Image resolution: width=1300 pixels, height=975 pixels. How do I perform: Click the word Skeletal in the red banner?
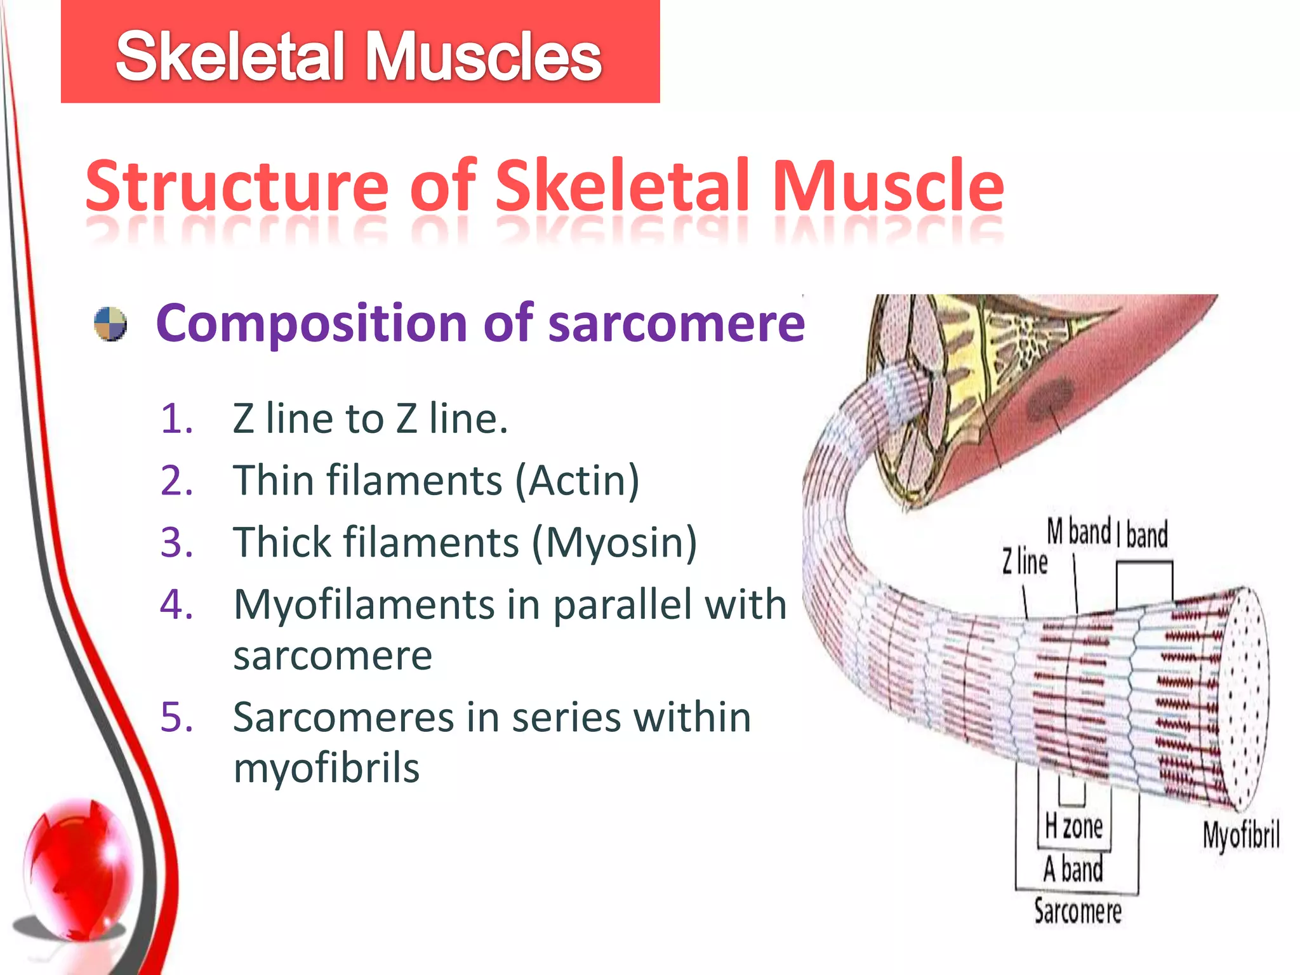[x=230, y=57]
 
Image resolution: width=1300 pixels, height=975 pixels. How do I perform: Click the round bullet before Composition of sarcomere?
[x=110, y=324]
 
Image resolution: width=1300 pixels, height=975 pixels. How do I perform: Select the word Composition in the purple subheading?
[x=312, y=324]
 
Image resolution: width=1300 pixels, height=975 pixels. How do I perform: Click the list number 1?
[x=176, y=420]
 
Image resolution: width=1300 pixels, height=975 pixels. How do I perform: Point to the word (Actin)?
[x=576, y=481]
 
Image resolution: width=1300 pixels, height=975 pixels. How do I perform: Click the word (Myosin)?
[x=614, y=543]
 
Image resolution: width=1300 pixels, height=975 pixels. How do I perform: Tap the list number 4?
[x=176, y=604]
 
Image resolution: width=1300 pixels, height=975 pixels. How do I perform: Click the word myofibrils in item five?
[x=326, y=768]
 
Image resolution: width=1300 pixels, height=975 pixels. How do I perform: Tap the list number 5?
[x=176, y=718]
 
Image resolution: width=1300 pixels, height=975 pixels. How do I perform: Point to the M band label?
[x=1078, y=532]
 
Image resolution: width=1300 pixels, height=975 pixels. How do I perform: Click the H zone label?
[x=1074, y=827]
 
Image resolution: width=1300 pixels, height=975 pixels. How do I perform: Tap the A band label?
[x=1073, y=869]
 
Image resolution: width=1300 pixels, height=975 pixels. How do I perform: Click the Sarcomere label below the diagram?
[x=1077, y=912]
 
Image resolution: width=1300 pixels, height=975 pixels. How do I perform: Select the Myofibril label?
[x=1240, y=835]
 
